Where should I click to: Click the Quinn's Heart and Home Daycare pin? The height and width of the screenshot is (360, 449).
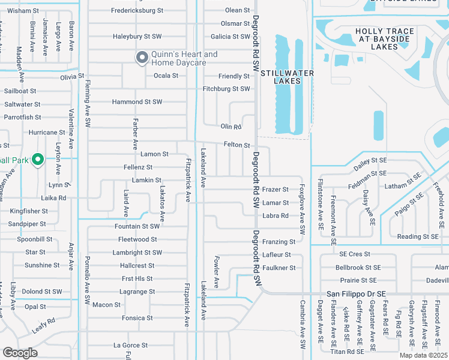pyautogui.click(x=142, y=58)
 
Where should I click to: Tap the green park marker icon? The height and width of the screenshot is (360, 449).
pyautogui.click(x=37, y=159)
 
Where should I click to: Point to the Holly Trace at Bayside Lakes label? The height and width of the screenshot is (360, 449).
pyautogui.click(x=384, y=38)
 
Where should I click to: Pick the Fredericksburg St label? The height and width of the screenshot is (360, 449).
pyautogui.click(x=137, y=10)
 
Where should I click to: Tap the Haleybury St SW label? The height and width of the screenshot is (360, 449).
pyautogui.click(x=137, y=37)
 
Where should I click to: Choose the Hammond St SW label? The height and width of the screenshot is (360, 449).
pyautogui.click(x=137, y=102)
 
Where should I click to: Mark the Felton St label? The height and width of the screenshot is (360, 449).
pyautogui.click(x=237, y=145)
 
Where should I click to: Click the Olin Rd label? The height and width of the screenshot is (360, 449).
pyautogui.click(x=231, y=127)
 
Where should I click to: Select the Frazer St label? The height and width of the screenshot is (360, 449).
pyautogui.click(x=276, y=190)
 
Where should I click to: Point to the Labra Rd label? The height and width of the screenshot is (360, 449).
pyautogui.click(x=276, y=216)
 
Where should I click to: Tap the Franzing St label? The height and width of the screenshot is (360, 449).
pyautogui.click(x=279, y=242)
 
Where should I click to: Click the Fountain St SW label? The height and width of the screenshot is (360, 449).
pyautogui.click(x=137, y=226)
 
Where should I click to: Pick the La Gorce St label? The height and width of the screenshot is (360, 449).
pyautogui.click(x=130, y=346)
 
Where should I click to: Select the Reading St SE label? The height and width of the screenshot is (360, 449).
pyautogui.click(x=418, y=237)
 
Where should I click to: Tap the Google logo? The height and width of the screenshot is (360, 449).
pyautogui.click(x=20, y=353)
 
